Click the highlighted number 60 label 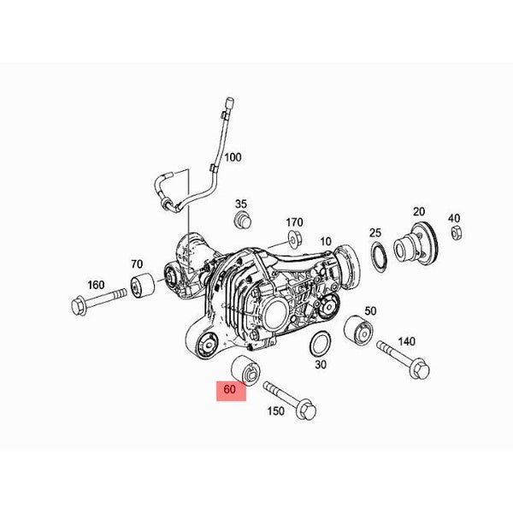point(230,389)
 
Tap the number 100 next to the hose point(233,157)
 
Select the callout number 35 point(241,204)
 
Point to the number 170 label point(294,222)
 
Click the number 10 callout point(326,242)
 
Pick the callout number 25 point(375,233)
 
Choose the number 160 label point(96,285)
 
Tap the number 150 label point(276,411)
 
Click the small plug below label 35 point(243,221)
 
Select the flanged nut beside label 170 point(295,239)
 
